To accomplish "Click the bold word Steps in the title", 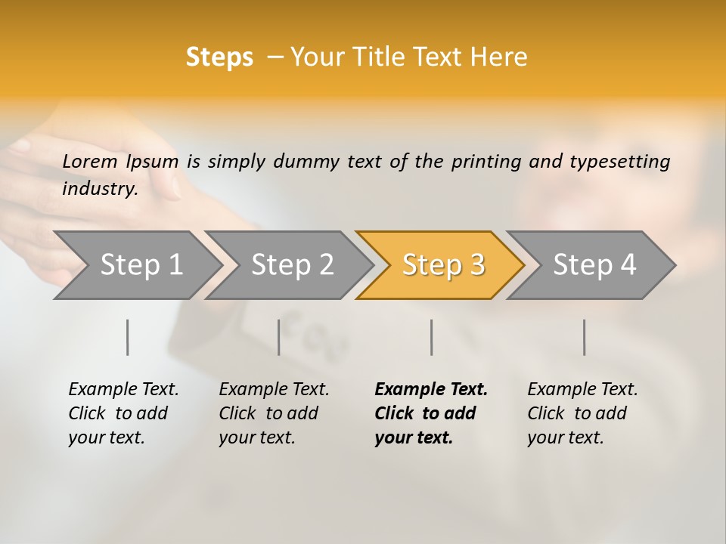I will (x=219, y=57).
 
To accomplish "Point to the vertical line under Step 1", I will (x=128, y=337).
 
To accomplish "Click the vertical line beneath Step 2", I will (x=279, y=337).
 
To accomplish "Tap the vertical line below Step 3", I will (x=432, y=337).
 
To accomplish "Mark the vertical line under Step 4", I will (x=585, y=337).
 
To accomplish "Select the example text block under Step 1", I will (x=123, y=413).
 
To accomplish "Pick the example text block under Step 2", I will (x=274, y=413).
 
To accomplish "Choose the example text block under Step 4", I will (x=582, y=413).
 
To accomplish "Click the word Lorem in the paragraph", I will (x=90, y=161).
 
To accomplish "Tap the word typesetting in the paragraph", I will (x=619, y=161).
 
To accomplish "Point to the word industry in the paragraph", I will (x=100, y=188).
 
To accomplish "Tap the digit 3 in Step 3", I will (x=476, y=264).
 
